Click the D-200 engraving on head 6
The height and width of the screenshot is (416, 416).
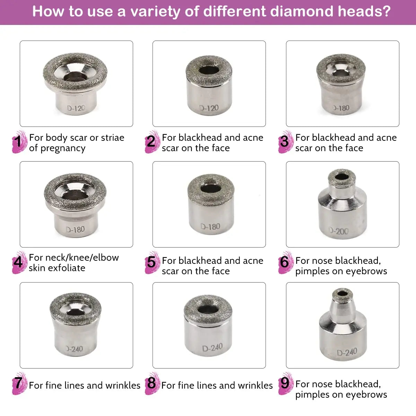pos(339,231)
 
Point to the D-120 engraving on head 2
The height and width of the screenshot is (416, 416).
pos(209,108)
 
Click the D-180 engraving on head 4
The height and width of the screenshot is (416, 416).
pos(75,229)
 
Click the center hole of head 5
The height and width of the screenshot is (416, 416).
pos(211,189)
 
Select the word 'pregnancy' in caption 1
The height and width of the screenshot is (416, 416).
pos(63,148)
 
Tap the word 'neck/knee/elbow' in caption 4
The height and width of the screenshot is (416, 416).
pos(74,258)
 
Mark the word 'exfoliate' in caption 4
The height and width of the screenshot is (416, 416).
pos(66,268)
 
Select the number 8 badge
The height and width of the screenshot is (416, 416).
pos(151,383)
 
